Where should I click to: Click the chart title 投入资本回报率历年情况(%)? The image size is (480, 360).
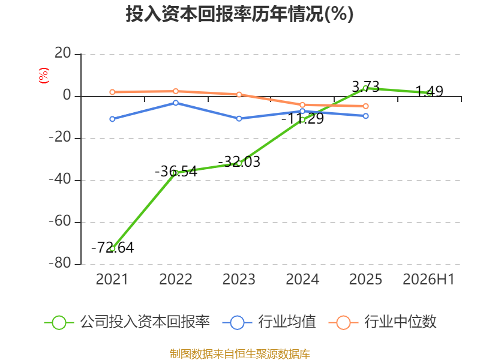(239, 14)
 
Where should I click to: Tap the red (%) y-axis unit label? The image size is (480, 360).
(43, 76)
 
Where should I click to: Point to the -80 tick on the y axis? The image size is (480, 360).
(61, 263)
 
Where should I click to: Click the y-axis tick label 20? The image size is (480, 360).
(63, 53)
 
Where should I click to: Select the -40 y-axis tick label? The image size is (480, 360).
(61, 179)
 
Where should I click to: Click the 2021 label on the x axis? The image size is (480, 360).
(112, 280)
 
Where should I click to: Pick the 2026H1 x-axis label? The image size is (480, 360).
(428, 280)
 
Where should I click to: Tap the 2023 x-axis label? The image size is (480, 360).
(239, 280)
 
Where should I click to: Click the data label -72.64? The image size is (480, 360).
(113, 248)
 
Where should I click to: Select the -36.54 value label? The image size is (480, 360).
(176, 172)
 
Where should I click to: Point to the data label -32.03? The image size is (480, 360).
(239, 161)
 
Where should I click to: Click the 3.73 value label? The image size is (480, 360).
(365, 86)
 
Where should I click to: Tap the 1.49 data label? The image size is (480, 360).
(429, 91)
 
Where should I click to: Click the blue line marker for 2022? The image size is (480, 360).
(176, 103)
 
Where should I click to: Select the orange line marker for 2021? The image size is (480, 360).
(112, 92)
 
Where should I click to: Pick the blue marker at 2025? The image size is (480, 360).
(366, 116)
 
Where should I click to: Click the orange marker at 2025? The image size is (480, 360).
(366, 106)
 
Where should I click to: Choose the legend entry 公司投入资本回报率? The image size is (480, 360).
(127, 322)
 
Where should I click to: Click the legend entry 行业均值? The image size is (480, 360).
(269, 322)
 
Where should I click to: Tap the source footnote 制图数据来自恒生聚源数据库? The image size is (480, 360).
(240, 354)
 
